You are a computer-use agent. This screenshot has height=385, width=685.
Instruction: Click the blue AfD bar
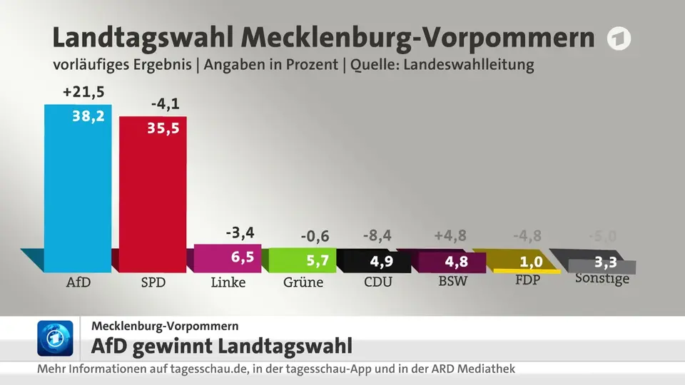pyautogui.click(x=78, y=188)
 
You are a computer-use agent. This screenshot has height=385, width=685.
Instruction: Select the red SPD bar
pyautogui.click(x=153, y=194)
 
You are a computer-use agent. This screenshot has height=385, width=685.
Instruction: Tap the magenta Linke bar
pyautogui.click(x=228, y=258)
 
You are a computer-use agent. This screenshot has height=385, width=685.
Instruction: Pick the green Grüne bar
pyautogui.click(x=303, y=260)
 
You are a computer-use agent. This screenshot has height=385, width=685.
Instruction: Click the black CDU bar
pyautogui.click(x=377, y=261)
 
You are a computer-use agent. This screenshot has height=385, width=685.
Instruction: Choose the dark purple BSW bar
pyautogui.click(x=452, y=262)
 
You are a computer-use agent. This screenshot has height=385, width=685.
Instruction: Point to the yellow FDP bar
pyautogui.click(x=527, y=271)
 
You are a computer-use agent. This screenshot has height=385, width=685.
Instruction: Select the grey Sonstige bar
pyautogui.click(x=602, y=267)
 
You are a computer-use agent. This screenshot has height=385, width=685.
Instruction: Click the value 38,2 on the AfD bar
pyautogui.click(x=88, y=116)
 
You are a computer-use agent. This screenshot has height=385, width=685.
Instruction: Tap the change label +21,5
pyautogui.click(x=83, y=92)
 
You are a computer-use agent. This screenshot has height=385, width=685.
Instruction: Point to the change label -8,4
pyautogui.click(x=377, y=236)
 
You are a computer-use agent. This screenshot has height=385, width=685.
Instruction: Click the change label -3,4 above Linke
pyautogui.click(x=240, y=232)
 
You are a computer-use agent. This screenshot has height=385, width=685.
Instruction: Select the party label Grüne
pyautogui.click(x=303, y=282)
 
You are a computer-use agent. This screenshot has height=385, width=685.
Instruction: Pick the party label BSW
pyautogui.click(x=452, y=281)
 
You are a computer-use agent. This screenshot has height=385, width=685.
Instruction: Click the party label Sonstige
pyautogui.click(x=602, y=278)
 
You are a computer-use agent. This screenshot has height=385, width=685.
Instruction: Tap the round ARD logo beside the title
pyautogui.click(x=619, y=38)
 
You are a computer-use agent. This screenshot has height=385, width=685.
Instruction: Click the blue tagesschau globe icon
pyautogui.click(x=55, y=338)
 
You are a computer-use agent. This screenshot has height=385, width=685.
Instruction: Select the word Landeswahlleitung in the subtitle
pyautogui.click(x=469, y=65)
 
